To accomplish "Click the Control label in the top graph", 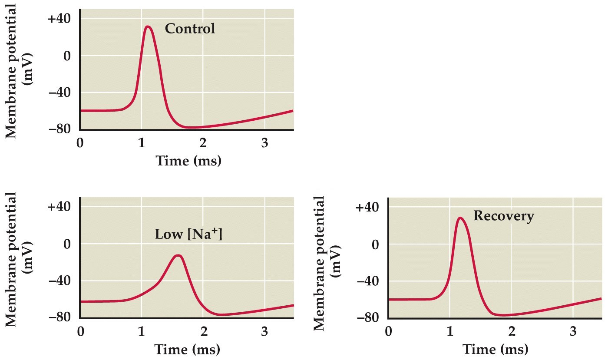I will pos(190,29).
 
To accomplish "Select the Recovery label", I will pos(503,216).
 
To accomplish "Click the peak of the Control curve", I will pos(148,26).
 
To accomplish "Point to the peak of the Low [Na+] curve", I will pos(178,255).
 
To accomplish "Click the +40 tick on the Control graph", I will pos(63,19).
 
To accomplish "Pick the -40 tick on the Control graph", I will pos(63,92).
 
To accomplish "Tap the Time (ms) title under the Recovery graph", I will pos(495,350).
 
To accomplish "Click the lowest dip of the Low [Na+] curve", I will pos(221,314).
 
